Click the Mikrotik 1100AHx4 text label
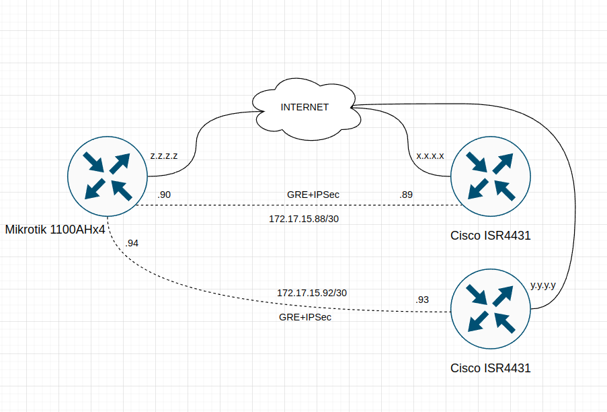click(55, 230)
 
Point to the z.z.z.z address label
click(164, 156)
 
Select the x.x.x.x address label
click(430, 156)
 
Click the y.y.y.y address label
click(543, 285)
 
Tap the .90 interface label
click(164, 195)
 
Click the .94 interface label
click(132, 243)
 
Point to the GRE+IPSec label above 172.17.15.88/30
click(313, 195)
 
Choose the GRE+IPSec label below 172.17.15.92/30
click(305, 316)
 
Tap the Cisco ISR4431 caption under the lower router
click(491, 368)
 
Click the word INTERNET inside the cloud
click(305, 107)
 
